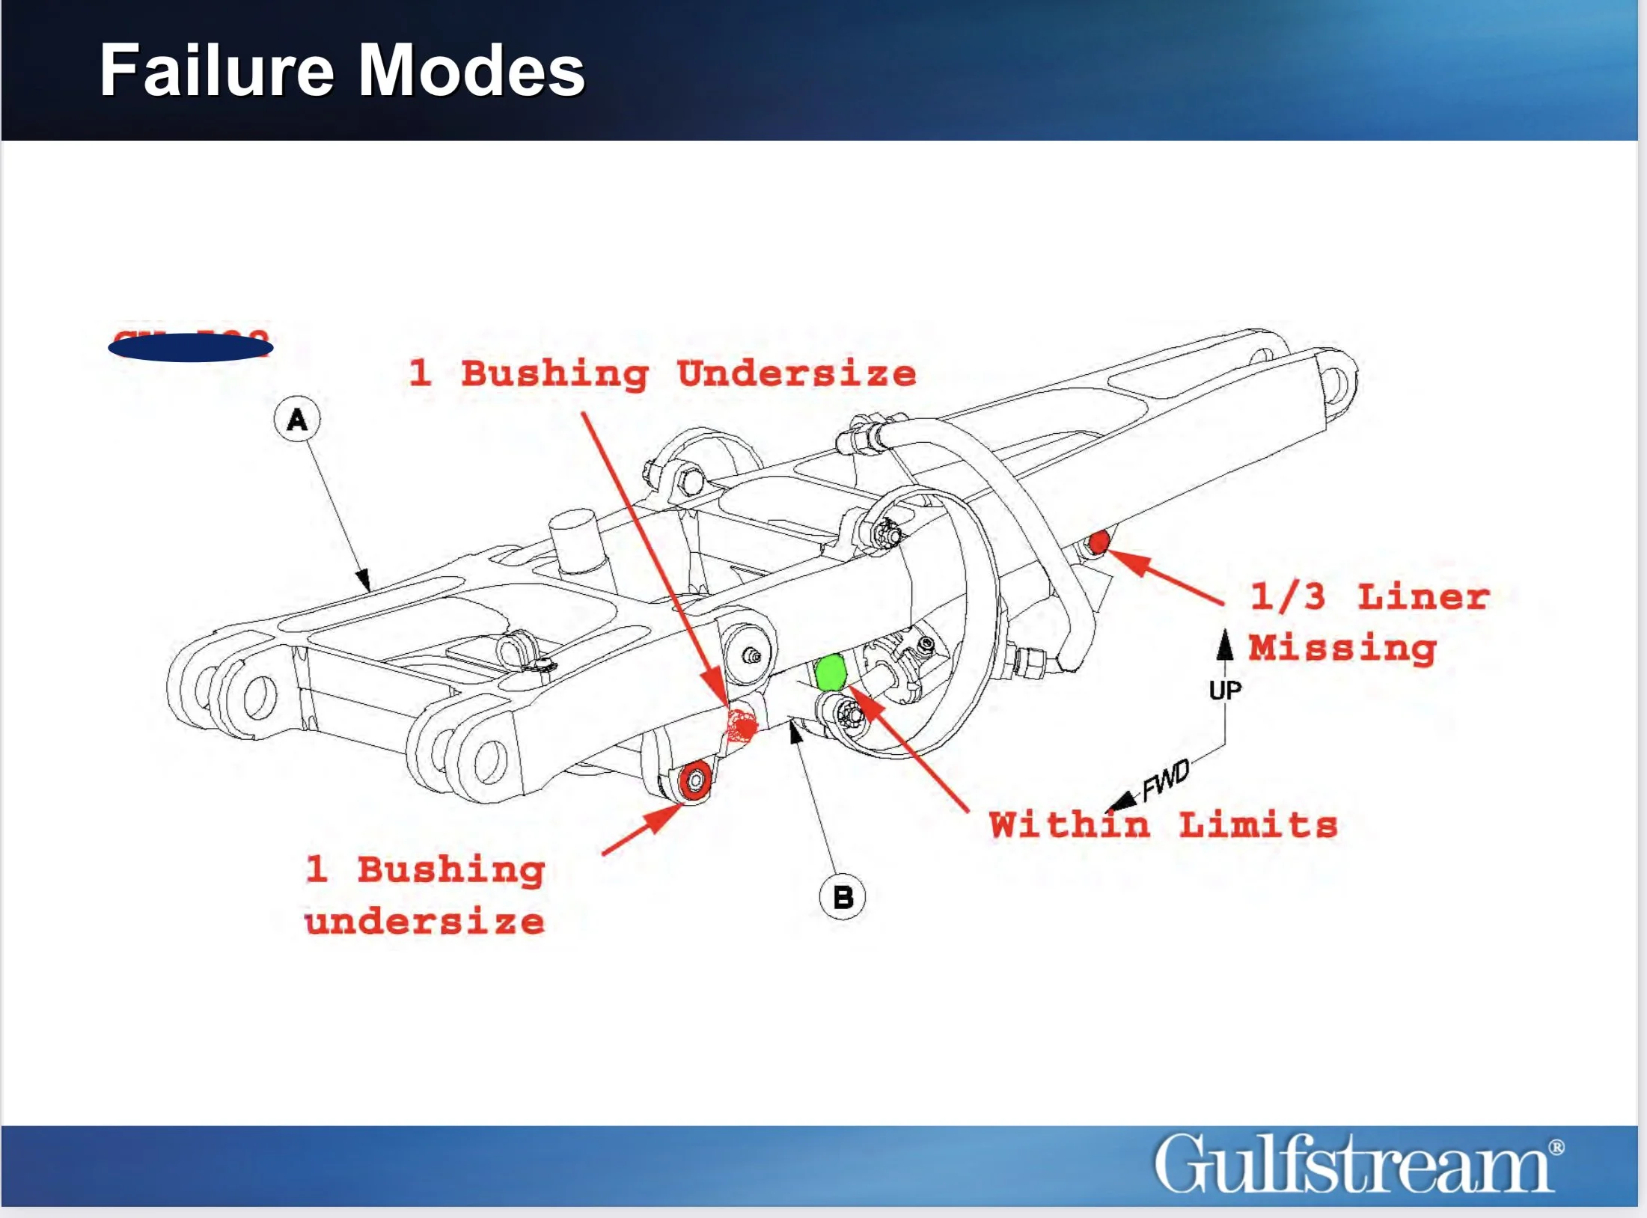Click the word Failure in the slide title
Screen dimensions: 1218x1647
click(x=216, y=70)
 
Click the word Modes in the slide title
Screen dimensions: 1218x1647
click(x=471, y=70)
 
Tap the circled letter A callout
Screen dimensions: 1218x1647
click(x=297, y=419)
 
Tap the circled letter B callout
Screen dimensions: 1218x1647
click(x=843, y=896)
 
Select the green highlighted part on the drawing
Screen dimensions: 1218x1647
click(x=829, y=672)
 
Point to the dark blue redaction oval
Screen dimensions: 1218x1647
click(x=191, y=347)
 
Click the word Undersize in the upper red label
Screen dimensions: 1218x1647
click(x=796, y=373)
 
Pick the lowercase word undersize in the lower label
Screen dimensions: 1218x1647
click(x=424, y=920)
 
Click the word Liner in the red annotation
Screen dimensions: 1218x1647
click(x=1423, y=597)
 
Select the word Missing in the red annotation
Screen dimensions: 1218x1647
click(x=1342, y=648)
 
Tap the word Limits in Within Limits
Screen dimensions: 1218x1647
click(x=1259, y=824)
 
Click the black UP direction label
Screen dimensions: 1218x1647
click(x=1225, y=690)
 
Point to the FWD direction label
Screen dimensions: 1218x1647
click(x=1165, y=780)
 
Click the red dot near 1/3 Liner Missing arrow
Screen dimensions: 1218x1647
click(x=1098, y=542)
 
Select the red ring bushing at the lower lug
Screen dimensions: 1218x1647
click(x=695, y=781)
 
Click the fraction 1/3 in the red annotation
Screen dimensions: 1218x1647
click(x=1288, y=597)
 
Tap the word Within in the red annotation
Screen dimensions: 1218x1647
click(x=1069, y=824)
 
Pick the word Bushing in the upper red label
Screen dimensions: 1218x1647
click(x=554, y=373)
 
